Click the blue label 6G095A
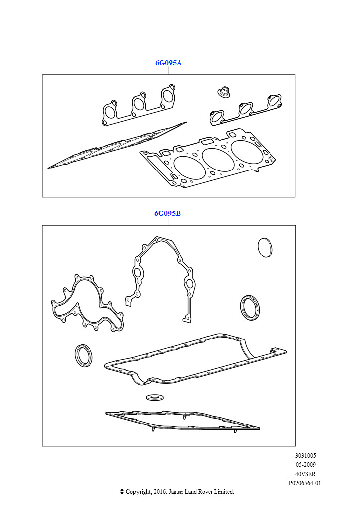(x=169, y=63)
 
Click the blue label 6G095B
(x=168, y=213)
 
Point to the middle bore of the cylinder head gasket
(x=218, y=160)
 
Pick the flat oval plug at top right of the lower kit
(x=265, y=248)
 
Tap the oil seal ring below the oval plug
(x=250, y=307)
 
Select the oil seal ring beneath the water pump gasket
(x=84, y=356)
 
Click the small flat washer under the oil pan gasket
(x=155, y=397)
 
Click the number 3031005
(x=305, y=455)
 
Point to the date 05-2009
(x=305, y=465)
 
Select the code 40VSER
(x=305, y=474)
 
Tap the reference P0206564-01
(x=305, y=483)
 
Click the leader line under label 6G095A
(x=169, y=71)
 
